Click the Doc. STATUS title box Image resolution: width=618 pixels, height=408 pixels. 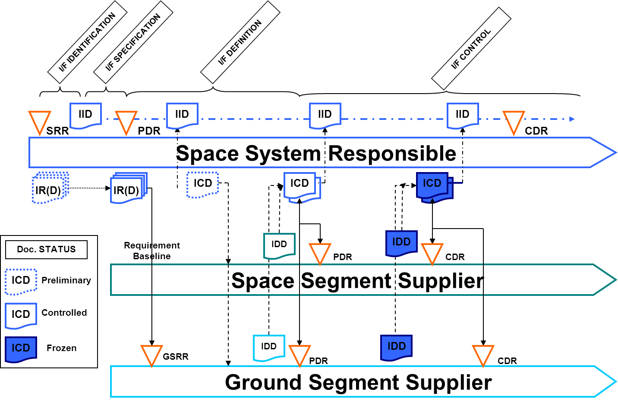(x=46, y=250)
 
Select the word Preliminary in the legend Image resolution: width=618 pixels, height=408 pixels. (x=66, y=280)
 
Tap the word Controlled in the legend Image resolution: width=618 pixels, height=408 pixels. (x=64, y=313)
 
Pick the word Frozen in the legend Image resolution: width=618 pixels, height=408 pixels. (x=61, y=348)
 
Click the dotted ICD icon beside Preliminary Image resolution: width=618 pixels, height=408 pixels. (x=21, y=281)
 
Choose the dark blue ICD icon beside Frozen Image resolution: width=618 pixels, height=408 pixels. (x=21, y=349)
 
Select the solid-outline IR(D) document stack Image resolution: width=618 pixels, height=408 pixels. (x=128, y=188)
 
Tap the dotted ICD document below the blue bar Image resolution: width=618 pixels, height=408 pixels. (x=202, y=184)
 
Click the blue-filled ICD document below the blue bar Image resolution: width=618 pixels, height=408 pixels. (x=433, y=185)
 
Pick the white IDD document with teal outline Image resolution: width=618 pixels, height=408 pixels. (x=279, y=245)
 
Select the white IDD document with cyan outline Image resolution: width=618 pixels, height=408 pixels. (x=268, y=347)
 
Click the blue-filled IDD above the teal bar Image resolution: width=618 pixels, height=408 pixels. (x=401, y=242)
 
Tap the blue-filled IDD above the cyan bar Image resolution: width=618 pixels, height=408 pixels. (x=396, y=347)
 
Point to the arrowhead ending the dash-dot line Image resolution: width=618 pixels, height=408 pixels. (x=572, y=119)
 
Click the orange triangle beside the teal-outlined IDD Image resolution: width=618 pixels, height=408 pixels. (x=320, y=253)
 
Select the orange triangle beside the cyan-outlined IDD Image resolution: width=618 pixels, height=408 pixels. (x=300, y=355)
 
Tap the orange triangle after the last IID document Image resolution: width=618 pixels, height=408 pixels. (x=514, y=121)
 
